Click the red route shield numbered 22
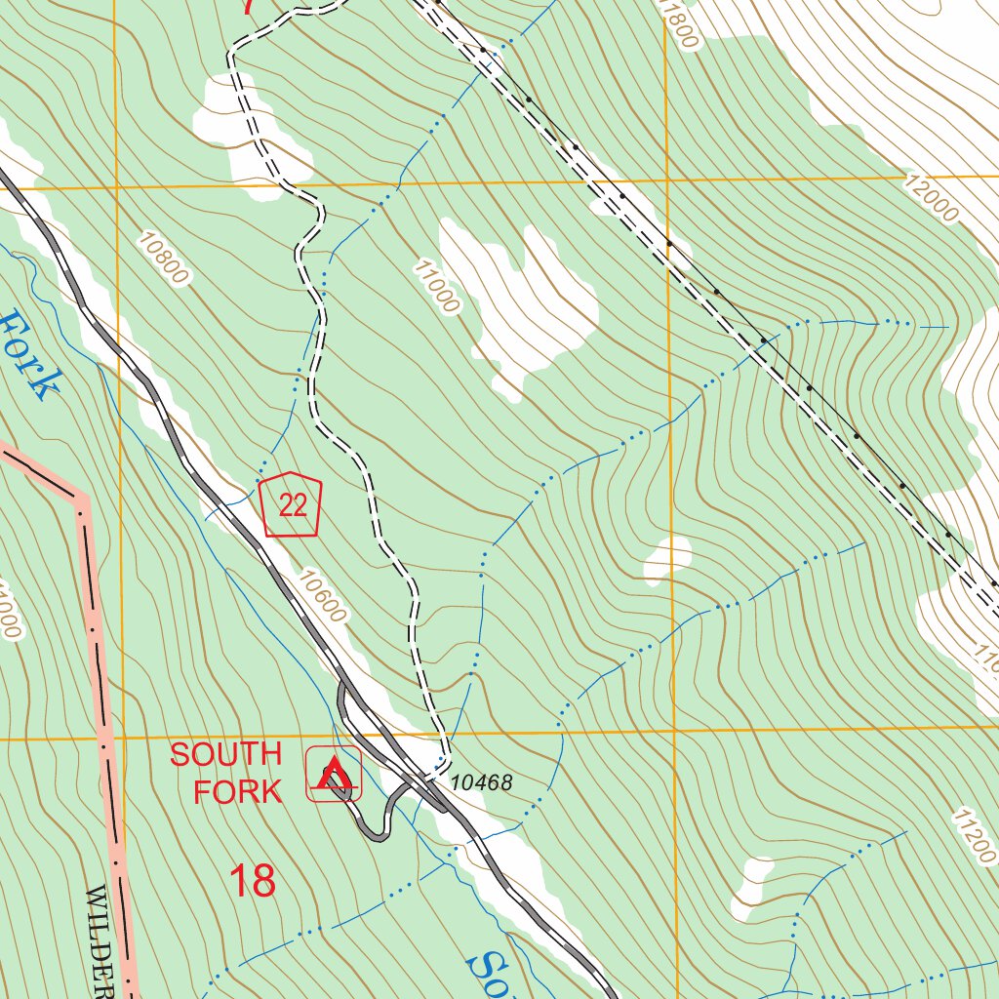[x=292, y=504]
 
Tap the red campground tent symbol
[x=334, y=775]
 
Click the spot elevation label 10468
[x=481, y=783]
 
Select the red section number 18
[x=253, y=881]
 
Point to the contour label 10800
[x=163, y=259]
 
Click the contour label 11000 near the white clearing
[x=435, y=286]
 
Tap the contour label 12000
[x=931, y=198]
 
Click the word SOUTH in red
[x=225, y=754]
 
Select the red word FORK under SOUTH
[x=237, y=791]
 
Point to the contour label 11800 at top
[x=680, y=25]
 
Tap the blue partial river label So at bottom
[x=488, y=971]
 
